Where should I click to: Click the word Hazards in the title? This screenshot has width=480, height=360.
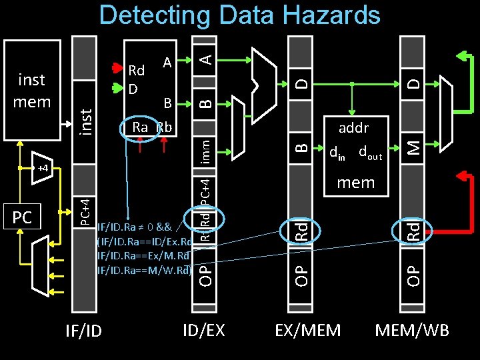coord(327,16)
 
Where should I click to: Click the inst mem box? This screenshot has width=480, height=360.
coord(32,90)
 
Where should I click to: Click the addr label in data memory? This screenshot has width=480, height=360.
coord(353,127)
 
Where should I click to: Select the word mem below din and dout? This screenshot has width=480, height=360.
coord(356,182)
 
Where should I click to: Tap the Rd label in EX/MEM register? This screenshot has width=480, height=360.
coord(302,231)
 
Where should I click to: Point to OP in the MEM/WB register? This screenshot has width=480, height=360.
coord(414,273)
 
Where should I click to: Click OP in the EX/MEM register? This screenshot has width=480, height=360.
coord(302,273)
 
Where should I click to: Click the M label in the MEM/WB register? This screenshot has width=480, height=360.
coord(414,144)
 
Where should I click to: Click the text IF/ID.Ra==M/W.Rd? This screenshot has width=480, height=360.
coord(144,269)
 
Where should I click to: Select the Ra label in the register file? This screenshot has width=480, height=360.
coord(140,127)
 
